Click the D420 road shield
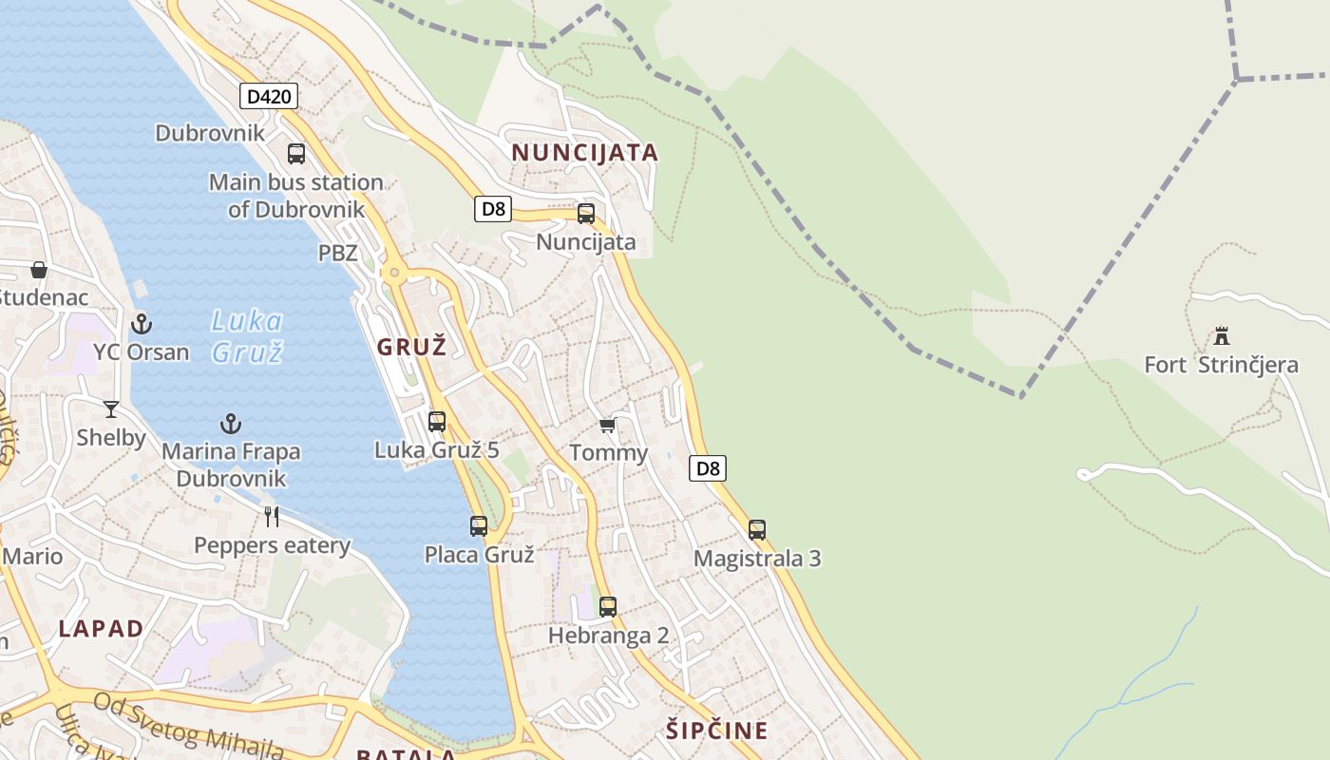[269, 96]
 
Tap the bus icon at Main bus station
[296, 153]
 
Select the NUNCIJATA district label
[584, 153]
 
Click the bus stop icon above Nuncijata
[586, 214]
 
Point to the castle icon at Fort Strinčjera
[1222, 336]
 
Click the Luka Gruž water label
[247, 336]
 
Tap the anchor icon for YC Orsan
[142, 324]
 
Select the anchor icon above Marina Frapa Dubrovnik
[231, 423]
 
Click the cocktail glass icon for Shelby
[111, 409]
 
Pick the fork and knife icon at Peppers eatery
[272, 516]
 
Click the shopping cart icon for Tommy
[608, 425]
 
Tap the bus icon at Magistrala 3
[756, 529]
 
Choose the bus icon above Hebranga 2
[608, 606]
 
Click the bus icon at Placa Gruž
[479, 525]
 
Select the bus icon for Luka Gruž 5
[437, 421]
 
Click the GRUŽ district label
[411, 347]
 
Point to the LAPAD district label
[101, 628]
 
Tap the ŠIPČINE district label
[716, 731]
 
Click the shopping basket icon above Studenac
[39, 270]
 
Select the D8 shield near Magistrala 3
[708, 467]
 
